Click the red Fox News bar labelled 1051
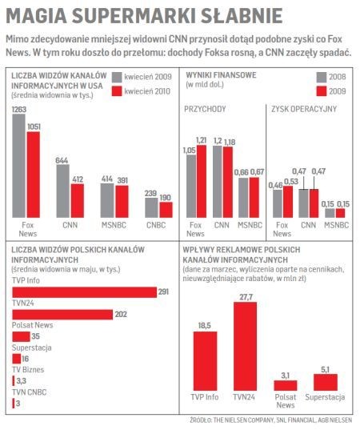(x=34, y=175)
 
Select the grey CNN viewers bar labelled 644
(x=62, y=191)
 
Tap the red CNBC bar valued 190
(x=166, y=210)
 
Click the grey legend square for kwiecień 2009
(x=117, y=77)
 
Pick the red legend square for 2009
(x=322, y=91)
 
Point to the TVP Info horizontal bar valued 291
(x=85, y=292)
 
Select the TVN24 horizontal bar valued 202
(x=62, y=315)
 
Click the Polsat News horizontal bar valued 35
(x=22, y=336)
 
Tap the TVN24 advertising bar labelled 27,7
(x=245, y=347)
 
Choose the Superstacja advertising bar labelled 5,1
(x=326, y=383)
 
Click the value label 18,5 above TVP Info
(x=205, y=325)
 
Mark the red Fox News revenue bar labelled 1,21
(x=202, y=181)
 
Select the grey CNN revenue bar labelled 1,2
(x=218, y=182)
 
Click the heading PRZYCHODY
(x=205, y=109)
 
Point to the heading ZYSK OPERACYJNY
(x=304, y=109)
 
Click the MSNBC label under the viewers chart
(x=114, y=225)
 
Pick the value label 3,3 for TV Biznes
(x=22, y=380)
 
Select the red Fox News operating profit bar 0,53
(x=288, y=202)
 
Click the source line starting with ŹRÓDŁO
(x=271, y=420)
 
